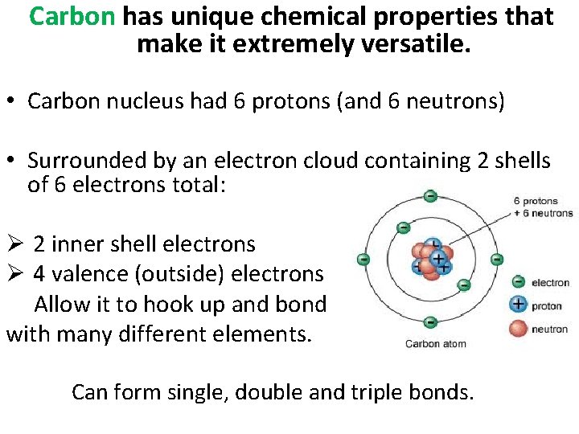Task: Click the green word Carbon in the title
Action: coord(72,16)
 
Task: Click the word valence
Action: coord(90,274)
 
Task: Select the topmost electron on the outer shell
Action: coord(430,196)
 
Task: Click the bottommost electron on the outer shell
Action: coord(430,322)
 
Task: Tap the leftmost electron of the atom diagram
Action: coord(363,259)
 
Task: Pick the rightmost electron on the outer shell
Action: coord(497,259)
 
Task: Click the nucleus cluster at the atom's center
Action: coord(431,259)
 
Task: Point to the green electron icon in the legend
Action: coord(519,282)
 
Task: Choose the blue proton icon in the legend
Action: coord(519,305)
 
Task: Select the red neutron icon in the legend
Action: coord(519,328)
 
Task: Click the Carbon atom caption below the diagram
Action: coord(434,344)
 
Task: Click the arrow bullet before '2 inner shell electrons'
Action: coord(14,244)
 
